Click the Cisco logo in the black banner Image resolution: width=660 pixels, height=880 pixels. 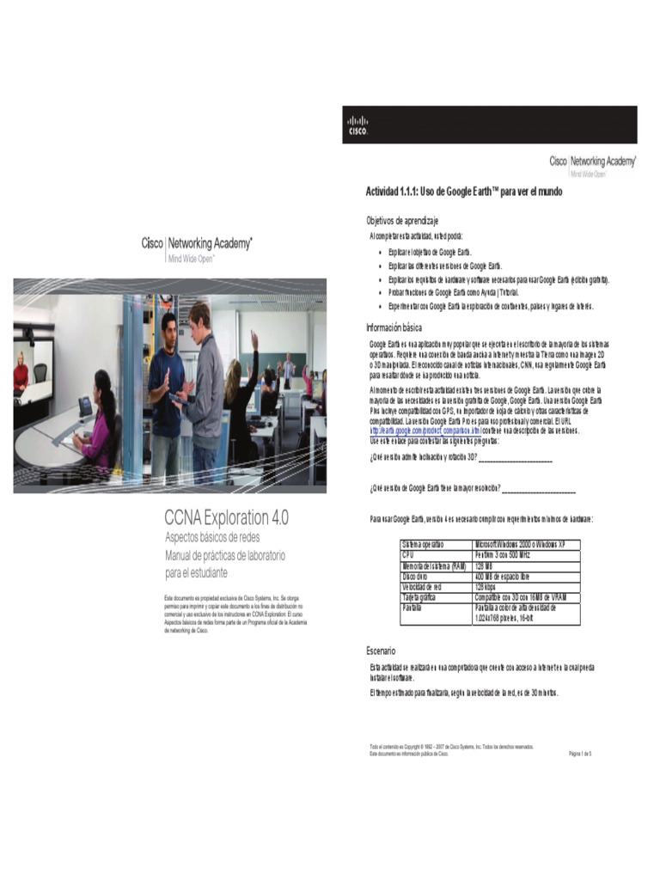357,125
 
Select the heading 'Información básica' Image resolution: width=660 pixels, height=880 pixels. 394,327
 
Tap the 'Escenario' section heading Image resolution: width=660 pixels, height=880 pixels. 381,651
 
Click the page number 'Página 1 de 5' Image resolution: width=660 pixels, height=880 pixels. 580,754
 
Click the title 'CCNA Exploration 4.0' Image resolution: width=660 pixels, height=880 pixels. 226,517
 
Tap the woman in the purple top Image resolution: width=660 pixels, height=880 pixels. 98,421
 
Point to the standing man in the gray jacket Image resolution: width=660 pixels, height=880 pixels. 205,387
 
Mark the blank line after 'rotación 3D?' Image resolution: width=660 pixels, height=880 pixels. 515,461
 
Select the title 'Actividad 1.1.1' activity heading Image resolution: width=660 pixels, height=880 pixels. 464,192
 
